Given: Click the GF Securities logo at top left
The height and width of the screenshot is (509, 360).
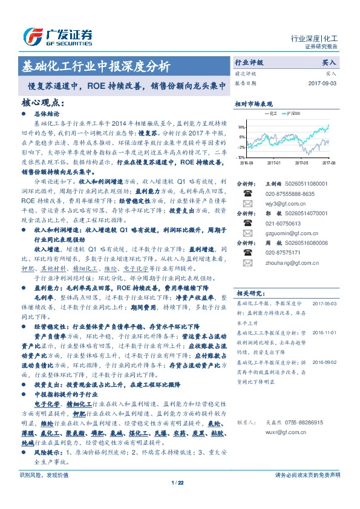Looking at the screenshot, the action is (x=57, y=37).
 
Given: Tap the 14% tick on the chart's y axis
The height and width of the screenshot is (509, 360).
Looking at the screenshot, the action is (x=241, y=128).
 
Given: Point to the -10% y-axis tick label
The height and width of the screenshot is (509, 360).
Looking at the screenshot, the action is (x=241, y=157).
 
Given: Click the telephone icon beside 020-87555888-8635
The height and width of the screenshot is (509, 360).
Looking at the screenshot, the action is (x=247, y=193).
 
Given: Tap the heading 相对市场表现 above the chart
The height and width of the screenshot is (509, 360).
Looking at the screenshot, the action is (x=254, y=103).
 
